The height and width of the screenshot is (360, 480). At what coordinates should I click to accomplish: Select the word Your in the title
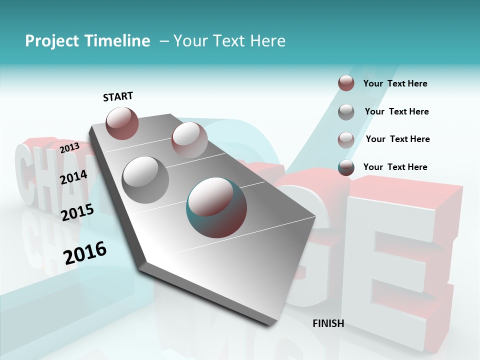coord(190,41)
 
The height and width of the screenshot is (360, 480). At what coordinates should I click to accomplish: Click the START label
coord(118,96)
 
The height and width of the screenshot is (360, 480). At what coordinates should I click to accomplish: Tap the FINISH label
coord(328,323)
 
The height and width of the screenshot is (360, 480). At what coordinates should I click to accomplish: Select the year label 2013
coord(69,148)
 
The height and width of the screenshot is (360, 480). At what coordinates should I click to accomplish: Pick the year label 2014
coord(73,177)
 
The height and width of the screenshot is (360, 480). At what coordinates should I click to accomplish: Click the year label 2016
coord(85,253)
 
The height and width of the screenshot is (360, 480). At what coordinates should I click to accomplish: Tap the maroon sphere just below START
coord(122,123)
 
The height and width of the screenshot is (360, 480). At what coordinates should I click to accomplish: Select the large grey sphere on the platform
coord(145,179)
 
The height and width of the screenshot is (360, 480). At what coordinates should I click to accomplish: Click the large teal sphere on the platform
coord(216,207)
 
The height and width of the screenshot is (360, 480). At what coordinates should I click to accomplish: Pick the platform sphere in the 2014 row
coord(189,139)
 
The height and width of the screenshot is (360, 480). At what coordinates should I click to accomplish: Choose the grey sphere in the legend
coord(346,112)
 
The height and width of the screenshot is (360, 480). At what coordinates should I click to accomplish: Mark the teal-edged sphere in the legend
coord(346,167)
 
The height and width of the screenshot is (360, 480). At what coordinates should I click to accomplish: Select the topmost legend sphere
coord(346,83)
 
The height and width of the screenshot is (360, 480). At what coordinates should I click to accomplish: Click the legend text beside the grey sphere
coord(396,111)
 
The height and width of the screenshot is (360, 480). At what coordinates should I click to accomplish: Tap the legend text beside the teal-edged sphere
coord(395,167)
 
